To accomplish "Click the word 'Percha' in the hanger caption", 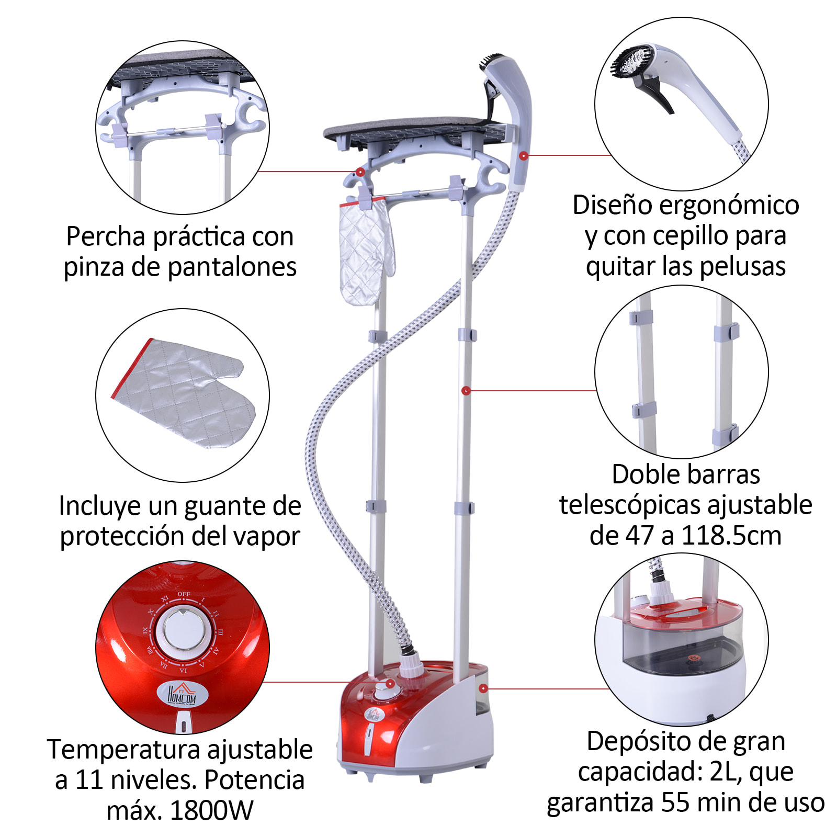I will [106, 237].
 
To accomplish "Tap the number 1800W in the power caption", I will [211, 810].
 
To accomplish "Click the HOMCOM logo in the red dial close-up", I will [182, 694].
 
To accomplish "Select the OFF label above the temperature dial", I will [184, 594].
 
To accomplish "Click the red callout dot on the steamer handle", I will [523, 156].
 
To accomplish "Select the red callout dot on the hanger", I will [360, 172].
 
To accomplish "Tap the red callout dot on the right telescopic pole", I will [466, 391].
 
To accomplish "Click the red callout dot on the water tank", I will [483, 688].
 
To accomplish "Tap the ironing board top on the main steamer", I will [413, 127].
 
